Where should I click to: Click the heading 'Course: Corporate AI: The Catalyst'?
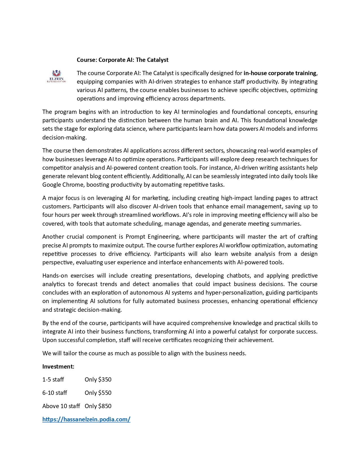pos(123,60)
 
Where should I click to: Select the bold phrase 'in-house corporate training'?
pos(280,73)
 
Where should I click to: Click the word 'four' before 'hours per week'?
pos(47,215)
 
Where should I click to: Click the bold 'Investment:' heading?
pos(58,367)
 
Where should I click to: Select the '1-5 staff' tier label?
pos(53,380)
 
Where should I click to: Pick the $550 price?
pos(105,393)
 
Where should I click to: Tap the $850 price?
pos(105,406)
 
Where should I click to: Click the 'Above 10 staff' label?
pos(61,406)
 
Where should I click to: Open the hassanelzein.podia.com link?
pos(86,419)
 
